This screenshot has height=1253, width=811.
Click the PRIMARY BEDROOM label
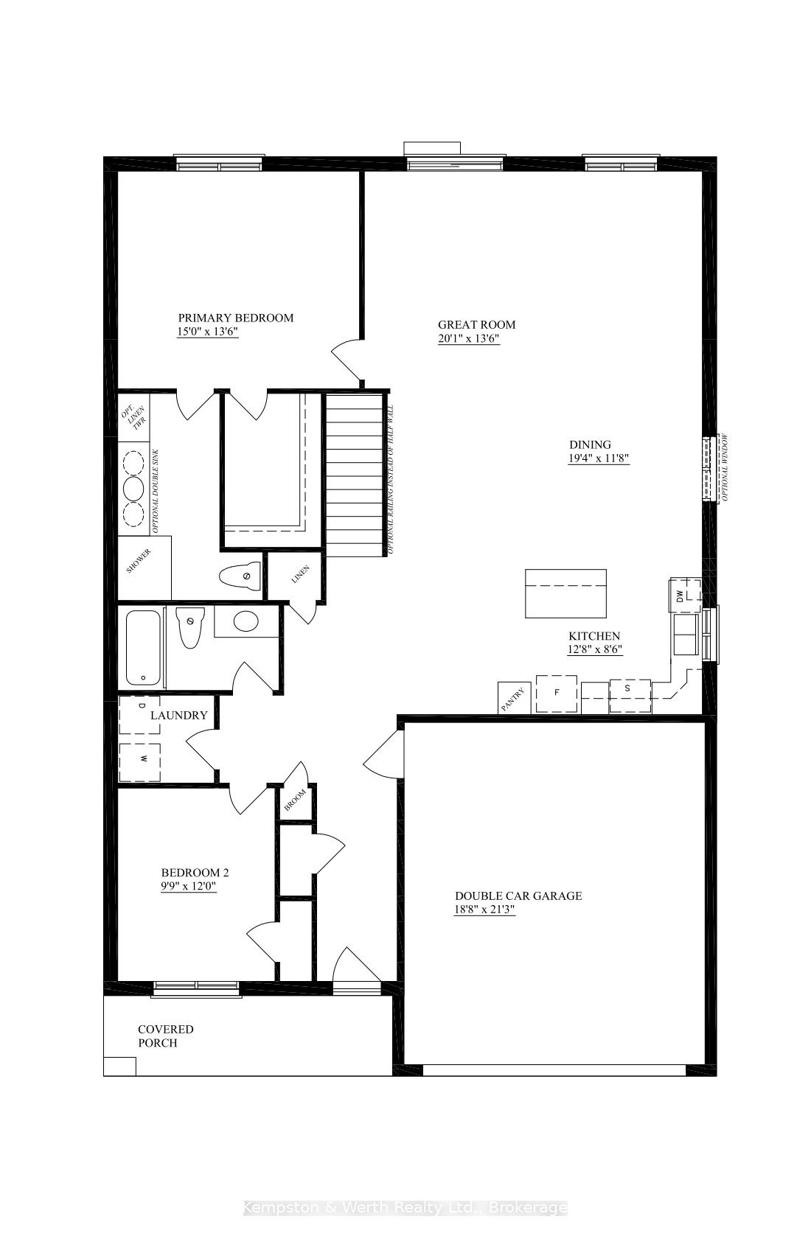click(x=235, y=318)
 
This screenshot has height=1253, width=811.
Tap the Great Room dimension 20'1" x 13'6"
click(x=468, y=339)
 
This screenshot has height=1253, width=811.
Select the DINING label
click(x=590, y=444)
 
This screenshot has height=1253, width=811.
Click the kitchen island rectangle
click(x=565, y=593)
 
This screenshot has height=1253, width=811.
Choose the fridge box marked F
click(x=557, y=693)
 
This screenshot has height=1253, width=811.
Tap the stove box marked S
click(x=630, y=696)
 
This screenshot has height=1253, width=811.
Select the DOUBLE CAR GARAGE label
click(x=518, y=896)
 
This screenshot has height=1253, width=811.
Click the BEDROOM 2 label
click(x=195, y=873)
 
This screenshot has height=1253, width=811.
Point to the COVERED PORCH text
click(x=166, y=1036)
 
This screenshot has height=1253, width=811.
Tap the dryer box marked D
click(x=140, y=714)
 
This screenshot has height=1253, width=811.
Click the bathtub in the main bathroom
click(x=143, y=647)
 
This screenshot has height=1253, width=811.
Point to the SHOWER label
click(x=139, y=562)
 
